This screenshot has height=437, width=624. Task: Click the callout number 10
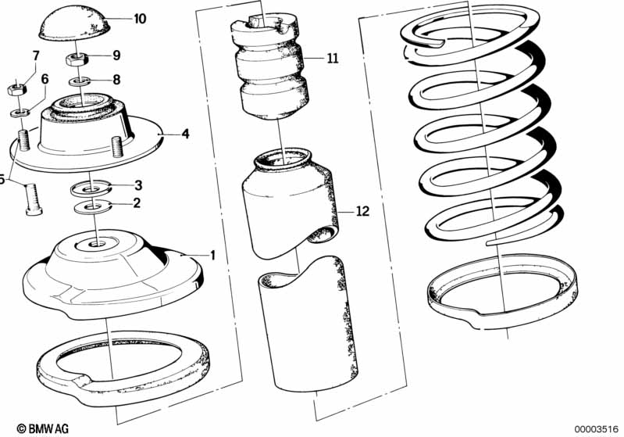(x=139, y=19)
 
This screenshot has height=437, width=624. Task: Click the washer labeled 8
(x=80, y=80)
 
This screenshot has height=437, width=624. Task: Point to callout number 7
(x=34, y=55)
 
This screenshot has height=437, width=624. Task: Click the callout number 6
(x=45, y=79)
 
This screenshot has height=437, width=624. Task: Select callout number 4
(x=185, y=134)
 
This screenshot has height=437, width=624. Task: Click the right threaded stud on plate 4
(x=117, y=147)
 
